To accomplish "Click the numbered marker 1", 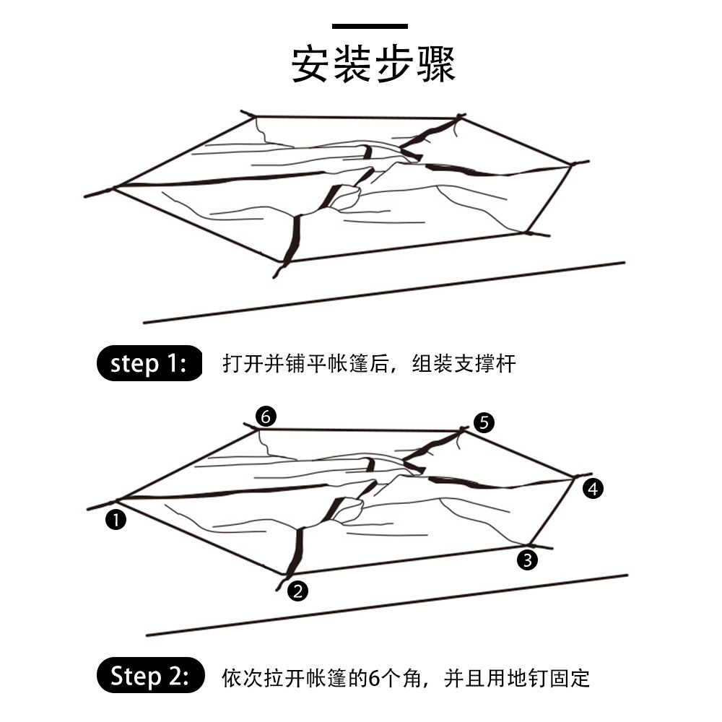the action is click(115, 518).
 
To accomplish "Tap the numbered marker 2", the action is click(298, 591).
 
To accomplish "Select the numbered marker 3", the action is click(528, 558).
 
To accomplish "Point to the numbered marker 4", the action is click(593, 490).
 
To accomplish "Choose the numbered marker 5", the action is click(484, 422).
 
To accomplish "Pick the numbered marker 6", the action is click(266, 417).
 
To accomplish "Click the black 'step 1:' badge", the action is click(149, 363).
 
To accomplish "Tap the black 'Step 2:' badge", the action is click(149, 677).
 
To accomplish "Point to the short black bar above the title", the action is click(370, 27).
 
